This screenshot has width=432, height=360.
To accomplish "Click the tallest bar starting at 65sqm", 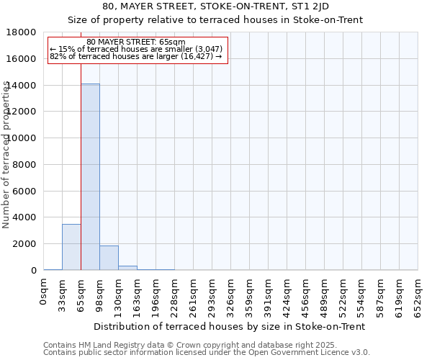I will pyautogui.click(x=90, y=176).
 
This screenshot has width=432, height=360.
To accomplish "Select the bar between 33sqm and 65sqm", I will pyautogui.click(x=71, y=247).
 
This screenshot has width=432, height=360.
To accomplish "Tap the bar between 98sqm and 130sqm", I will pyautogui.click(x=109, y=258).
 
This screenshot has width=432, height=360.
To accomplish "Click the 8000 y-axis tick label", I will pyautogui.click(x=26, y=165).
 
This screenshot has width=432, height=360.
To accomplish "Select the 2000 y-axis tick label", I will pyautogui.click(x=26, y=244).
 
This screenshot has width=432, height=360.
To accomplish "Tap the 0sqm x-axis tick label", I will pyautogui.click(x=44, y=291).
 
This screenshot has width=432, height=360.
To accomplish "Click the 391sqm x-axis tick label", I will pyautogui.click(x=269, y=294).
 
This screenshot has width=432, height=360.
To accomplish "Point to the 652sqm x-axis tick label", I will pyautogui.click(x=418, y=294).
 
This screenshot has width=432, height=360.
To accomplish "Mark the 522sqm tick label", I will pyautogui.click(x=343, y=294).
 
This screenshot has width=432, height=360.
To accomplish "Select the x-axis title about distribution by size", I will pyautogui.click(x=229, y=326).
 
